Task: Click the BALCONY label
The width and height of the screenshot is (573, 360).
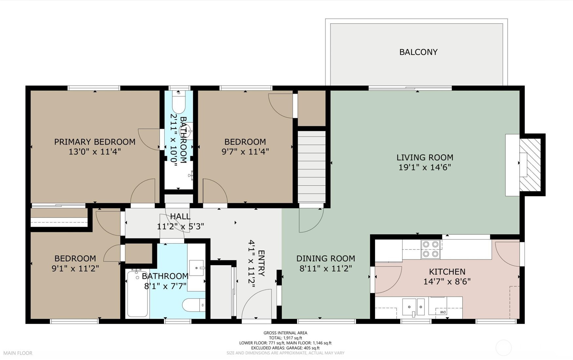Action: (418, 52)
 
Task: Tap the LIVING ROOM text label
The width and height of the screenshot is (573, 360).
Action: (425, 158)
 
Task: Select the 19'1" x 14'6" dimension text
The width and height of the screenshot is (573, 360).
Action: (425, 168)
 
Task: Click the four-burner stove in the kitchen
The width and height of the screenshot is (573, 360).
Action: (431, 249)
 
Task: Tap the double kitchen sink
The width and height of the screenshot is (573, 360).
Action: (414, 307)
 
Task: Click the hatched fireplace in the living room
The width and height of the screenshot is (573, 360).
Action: (530, 165)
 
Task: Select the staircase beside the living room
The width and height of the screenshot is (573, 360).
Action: (311, 167)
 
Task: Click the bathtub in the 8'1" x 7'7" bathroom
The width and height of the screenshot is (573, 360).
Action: (137, 294)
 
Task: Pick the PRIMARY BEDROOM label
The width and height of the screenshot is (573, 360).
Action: (95, 142)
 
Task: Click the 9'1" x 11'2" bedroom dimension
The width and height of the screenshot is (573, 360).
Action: (75, 269)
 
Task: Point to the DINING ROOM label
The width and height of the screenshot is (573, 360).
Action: (326, 259)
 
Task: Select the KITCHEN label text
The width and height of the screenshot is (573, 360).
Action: (447, 272)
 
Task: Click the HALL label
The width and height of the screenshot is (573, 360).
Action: (180, 216)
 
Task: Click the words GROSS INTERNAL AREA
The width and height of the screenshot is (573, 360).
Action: (286, 333)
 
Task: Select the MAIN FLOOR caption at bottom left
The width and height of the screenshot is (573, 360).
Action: (18, 353)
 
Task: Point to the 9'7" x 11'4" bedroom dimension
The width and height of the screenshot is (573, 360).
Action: (245, 152)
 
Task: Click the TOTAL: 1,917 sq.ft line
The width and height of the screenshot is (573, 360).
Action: (286, 338)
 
